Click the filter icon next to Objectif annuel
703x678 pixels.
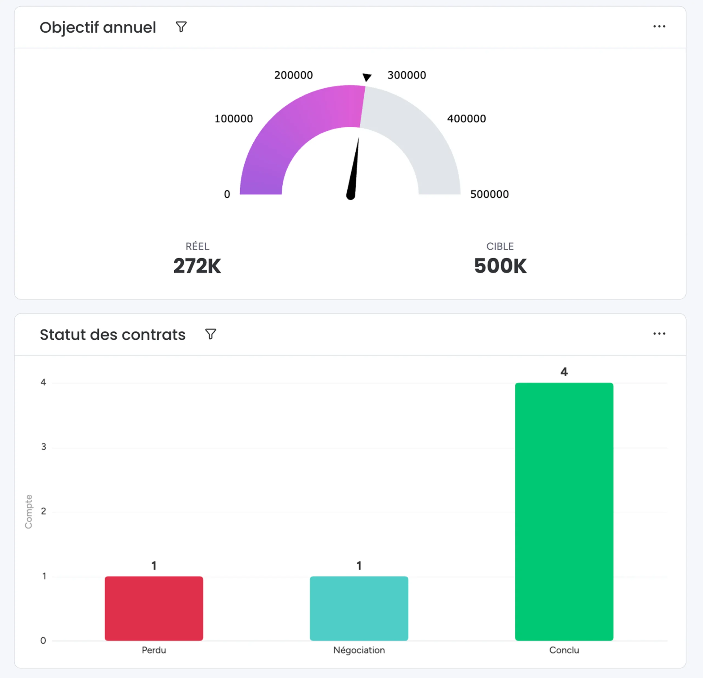(181, 27)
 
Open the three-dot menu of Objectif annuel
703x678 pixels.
(659, 27)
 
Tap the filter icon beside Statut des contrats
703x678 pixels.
(211, 334)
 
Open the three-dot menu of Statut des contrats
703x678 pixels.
(659, 334)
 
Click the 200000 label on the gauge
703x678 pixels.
(293, 75)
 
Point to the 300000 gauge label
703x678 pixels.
(407, 75)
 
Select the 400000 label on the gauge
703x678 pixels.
(466, 119)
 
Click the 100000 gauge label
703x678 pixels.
(233, 119)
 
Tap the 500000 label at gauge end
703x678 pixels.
(490, 194)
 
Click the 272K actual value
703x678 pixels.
(197, 266)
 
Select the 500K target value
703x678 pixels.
(500, 266)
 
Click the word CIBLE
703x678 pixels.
(500, 246)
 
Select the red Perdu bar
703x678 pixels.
(154, 609)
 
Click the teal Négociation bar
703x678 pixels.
(359, 609)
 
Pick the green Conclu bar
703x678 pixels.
(564, 512)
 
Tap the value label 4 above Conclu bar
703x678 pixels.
(564, 372)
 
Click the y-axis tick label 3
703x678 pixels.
(44, 447)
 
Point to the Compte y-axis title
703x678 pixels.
(28, 512)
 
